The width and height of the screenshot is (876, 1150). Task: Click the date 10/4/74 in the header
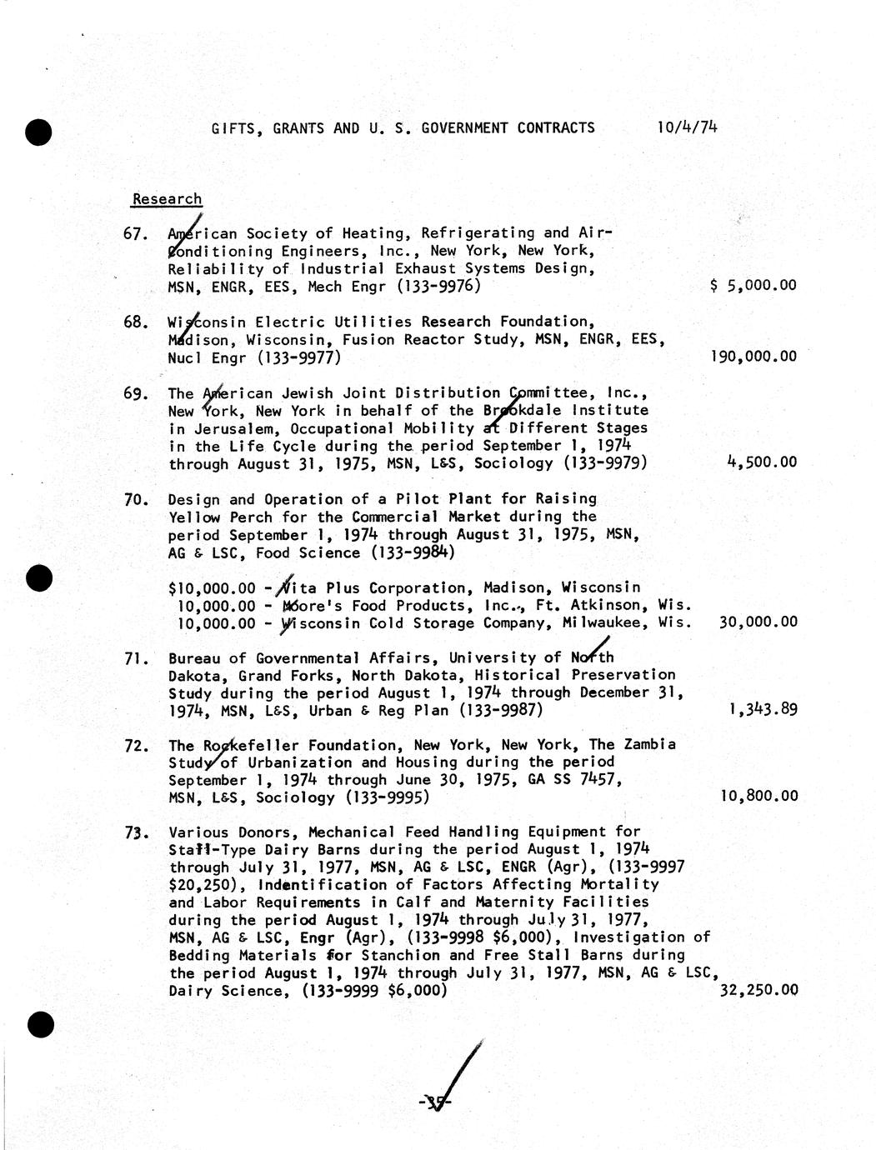point(687,127)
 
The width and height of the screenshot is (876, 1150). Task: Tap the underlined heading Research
point(167,199)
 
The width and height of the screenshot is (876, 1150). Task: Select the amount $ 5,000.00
point(753,286)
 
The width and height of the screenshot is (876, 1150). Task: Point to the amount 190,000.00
point(753,357)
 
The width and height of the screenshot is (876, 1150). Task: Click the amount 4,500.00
point(762,462)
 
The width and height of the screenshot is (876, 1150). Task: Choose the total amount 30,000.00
point(758,622)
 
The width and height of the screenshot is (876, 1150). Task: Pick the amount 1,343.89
point(762,710)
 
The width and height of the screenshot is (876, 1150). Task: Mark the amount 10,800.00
point(758,797)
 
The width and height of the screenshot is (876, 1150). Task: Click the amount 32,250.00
point(758,991)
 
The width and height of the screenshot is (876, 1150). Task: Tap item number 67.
point(135,234)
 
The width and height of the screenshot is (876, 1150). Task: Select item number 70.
point(135,500)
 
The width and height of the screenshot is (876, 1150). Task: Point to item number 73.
point(135,832)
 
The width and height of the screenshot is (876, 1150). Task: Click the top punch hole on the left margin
point(39,132)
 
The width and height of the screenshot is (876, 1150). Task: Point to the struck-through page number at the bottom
point(436,1103)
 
